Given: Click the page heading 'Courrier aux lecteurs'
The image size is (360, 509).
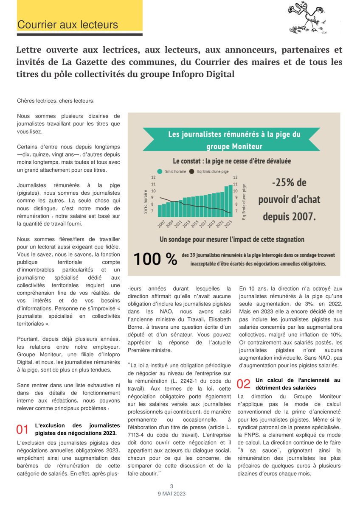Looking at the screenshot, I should (67, 25).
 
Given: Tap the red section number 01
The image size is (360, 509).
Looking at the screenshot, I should (22, 429).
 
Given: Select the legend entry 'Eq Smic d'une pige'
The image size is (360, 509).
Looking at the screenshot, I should (208, 172).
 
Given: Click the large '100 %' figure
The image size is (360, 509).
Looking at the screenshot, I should (155, 259).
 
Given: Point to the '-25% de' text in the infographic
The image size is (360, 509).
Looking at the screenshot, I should (289, 183).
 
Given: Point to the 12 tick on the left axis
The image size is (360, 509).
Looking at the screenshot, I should (153, 177).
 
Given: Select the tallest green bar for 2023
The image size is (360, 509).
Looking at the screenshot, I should (231, 199).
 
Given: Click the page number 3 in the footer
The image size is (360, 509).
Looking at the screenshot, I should (172, 487).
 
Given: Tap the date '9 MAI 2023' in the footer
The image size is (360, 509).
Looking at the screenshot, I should (172, 494).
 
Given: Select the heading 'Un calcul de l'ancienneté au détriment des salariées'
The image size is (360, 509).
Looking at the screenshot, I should (298, 384).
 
